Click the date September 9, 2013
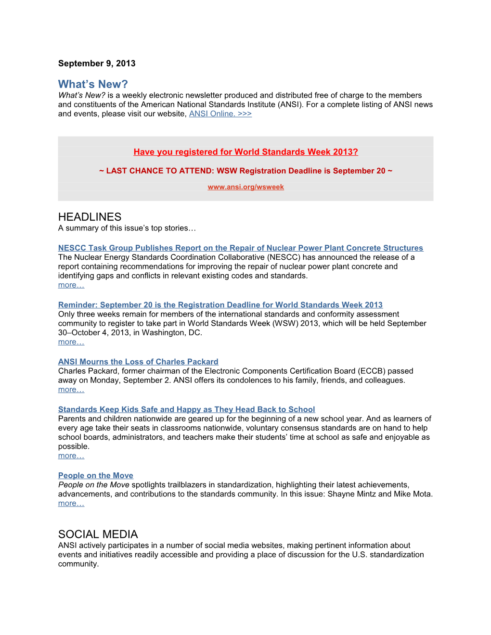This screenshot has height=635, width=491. tap(97, 63)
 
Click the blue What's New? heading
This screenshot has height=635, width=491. tap(93, 84)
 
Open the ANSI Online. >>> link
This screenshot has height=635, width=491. tap(220, 114)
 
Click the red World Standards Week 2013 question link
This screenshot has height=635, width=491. tap(245, 152)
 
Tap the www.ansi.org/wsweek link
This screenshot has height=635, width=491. tap(245, 187)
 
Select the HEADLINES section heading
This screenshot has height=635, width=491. tap(90, 217)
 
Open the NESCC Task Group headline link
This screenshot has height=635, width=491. tap(240, 248)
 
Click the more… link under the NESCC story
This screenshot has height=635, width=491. tap(71, 285)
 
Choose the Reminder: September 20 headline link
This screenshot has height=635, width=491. tap(220, 305)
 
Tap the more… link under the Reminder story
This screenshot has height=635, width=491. tap(71, 342)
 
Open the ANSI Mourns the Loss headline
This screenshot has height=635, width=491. tap(138, 362)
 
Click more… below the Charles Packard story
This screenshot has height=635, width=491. tap(71, 390)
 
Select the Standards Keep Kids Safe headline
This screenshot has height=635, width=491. tap(186, 409)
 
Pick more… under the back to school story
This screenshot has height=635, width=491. tap(71, 456)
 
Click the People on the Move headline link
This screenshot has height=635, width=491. tap(95, 476)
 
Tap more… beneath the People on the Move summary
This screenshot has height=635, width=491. tap(71, 504)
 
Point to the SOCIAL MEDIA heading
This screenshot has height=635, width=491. tap(98, 534)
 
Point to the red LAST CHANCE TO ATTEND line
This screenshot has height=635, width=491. tap(245, 171)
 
